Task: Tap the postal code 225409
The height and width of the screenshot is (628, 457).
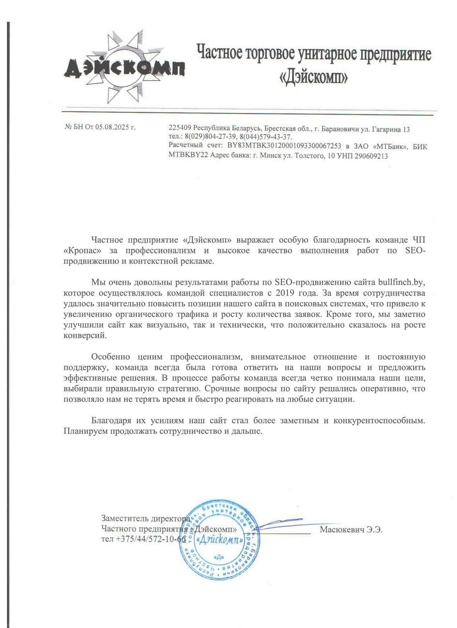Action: click(180, 129)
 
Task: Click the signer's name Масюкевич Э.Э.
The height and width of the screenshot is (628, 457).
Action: click(351, 529)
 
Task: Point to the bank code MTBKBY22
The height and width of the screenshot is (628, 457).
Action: click(185, 156)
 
